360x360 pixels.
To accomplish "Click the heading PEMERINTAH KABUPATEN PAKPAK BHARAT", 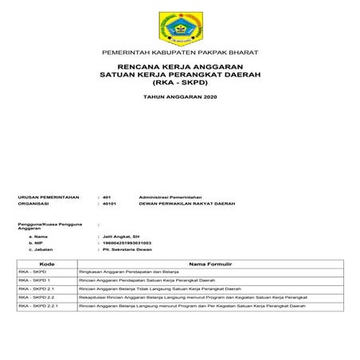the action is (179, 52).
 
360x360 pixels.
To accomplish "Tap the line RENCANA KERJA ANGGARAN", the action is (179, 66).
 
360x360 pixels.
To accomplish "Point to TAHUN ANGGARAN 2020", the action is (179, 96).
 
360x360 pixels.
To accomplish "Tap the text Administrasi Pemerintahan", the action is (170, 195).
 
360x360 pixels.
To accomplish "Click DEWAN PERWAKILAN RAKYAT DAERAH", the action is (188, 203).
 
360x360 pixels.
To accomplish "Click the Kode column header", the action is (46, 263).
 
